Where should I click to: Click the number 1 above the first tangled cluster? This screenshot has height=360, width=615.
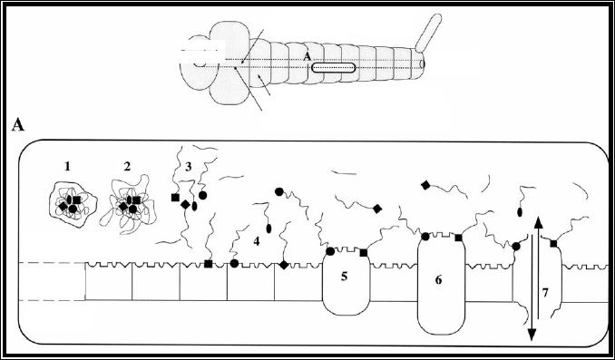[67, 167]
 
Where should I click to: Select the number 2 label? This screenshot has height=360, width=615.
[127, 167]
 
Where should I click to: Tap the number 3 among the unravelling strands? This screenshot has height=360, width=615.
[189, 167]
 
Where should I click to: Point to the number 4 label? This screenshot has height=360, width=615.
[257, 241]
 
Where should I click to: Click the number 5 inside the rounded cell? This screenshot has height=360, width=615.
[345, 277]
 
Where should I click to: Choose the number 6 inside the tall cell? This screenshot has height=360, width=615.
[438, 280]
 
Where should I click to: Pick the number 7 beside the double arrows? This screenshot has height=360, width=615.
[545, 293]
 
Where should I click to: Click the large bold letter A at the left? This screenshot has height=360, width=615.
[18, 125]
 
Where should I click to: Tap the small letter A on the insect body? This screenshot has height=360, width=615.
[307, 57]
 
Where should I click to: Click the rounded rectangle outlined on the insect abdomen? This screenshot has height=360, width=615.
[334, 68]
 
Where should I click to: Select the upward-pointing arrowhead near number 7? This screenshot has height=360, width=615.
[538, 222]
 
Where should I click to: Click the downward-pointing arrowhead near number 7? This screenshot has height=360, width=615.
[532, 335]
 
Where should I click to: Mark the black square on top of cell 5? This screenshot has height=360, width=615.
[364, 253]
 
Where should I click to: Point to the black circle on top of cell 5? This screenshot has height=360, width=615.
[331, 251]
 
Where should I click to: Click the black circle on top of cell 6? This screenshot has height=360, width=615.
[425, 237]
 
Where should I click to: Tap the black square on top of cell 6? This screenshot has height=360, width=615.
[458, 238]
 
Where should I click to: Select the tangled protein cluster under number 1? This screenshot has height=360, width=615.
[73, 204]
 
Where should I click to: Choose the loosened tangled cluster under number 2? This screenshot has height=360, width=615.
[128, 205]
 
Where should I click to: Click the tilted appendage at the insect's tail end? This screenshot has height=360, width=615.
[428, 33]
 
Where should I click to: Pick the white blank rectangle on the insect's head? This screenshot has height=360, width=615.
[202, 51]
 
